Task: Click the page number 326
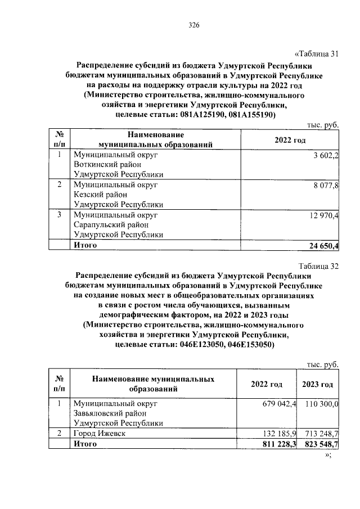pyautogui.click(x=194, y=25)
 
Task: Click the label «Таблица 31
pyautogui.click(x=317, y=54)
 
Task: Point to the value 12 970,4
pyautogui.click(x=321, y=215)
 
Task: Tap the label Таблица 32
pyautogui.click(x=318, y=266)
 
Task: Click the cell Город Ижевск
pyautogui.click(x=98, y=434)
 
